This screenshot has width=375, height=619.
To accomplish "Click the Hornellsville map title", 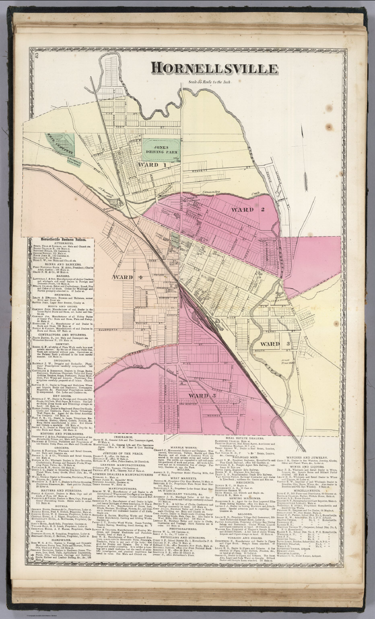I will (x=215, y=69).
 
